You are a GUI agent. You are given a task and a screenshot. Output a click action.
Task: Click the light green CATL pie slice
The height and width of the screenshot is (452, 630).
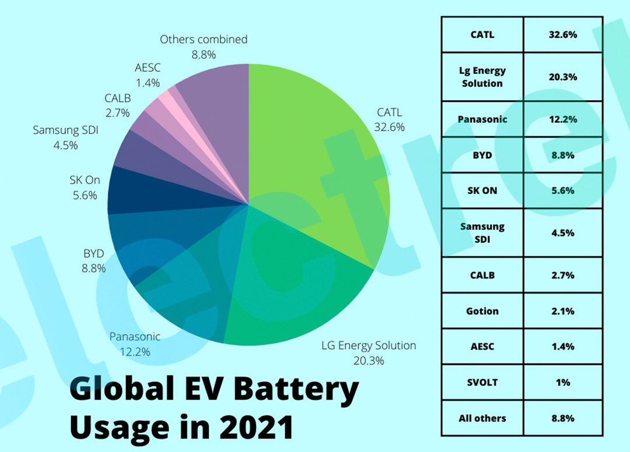click(x=315, y=151)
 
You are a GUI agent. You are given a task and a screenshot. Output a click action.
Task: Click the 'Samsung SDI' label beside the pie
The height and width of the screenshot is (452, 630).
click(x=65, y=130)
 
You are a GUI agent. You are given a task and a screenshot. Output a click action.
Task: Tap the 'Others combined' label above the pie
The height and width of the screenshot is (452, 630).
click(x=204, y=40)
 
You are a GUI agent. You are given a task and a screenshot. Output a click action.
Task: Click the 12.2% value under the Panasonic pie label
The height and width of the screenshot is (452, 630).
click(x=135, y=352)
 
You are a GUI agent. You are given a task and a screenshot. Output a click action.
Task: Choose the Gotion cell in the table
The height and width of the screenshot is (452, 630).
click(x=482, y=311)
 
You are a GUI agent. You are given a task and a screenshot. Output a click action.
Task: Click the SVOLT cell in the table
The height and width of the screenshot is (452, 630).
click(x=482, y=382)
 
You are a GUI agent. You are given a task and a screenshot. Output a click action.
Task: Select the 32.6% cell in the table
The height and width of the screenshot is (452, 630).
click(x=563, y=35)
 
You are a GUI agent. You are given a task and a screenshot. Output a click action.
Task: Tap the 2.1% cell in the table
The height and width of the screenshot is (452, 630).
click(x=563, y=311)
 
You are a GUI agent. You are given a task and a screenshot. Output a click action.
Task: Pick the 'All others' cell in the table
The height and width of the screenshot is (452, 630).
click(x=482, y=418)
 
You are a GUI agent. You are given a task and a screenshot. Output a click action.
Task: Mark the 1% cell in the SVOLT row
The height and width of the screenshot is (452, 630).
click(x=563, y=382)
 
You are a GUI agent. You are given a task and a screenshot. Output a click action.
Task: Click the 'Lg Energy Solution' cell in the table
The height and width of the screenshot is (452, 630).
click(x=482, y=77)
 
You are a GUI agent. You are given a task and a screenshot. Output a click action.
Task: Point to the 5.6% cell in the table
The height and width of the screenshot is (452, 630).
click(x=563, y=190)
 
